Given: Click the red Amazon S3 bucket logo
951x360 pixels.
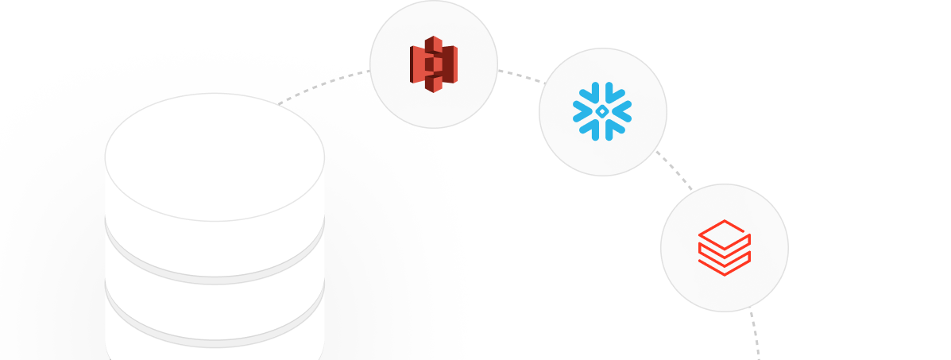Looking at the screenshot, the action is click(x=434, y=64).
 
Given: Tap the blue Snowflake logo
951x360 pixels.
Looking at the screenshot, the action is click(x=602, y=112).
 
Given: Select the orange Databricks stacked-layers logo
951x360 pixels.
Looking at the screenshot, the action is click(x=724, y=247).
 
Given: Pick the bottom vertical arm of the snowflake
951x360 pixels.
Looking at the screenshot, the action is click(x=602, y=132).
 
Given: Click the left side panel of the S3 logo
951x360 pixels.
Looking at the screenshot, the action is click(x=416, y=64).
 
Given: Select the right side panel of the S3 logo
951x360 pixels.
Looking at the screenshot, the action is click(x=450, y=64).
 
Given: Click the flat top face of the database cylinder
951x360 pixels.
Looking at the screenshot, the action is click(x=215, y=155).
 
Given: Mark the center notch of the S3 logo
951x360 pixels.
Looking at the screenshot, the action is click(x=431, y=64).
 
